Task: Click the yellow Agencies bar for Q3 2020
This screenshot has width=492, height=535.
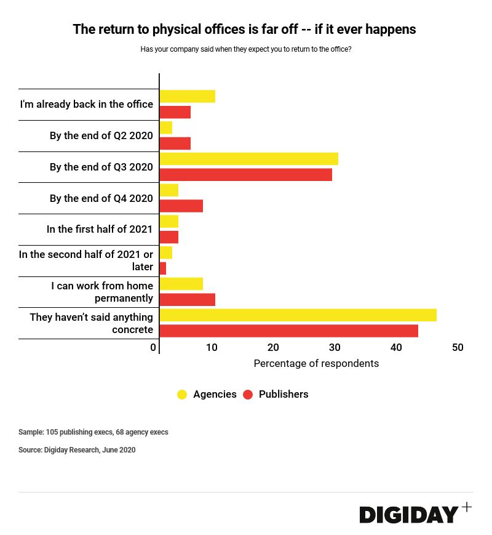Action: coord(248,159)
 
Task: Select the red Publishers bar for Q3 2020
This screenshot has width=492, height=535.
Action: coord(245,174)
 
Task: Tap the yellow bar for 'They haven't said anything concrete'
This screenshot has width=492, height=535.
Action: coord(298,315)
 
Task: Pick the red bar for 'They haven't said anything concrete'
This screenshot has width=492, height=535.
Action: coord(288,331)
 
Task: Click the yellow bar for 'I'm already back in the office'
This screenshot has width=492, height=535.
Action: coord(187,96)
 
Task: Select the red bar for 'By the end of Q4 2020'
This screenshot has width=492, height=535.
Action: coord(181,206)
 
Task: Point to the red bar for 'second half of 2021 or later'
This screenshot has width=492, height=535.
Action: coord(163,268)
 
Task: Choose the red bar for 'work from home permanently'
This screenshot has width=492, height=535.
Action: coord(187,299)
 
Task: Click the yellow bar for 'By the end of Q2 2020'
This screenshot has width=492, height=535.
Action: coord(166,127)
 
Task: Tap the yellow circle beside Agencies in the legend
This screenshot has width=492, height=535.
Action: coord(182,395)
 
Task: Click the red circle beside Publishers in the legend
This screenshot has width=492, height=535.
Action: coord(248,395)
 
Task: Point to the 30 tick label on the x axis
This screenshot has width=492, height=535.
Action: coord(335,348)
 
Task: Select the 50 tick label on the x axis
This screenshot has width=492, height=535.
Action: coord(458,348)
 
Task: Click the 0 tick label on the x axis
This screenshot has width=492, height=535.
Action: coord(153,348)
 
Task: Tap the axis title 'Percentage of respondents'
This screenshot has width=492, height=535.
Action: coord(316,363)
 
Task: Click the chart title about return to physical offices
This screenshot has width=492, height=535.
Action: coord(244,29)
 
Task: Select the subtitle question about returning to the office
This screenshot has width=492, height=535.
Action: coord(246,49)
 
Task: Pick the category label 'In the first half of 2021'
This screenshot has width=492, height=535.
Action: coord(100,229)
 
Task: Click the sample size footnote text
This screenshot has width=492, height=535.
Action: coord(93,432)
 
